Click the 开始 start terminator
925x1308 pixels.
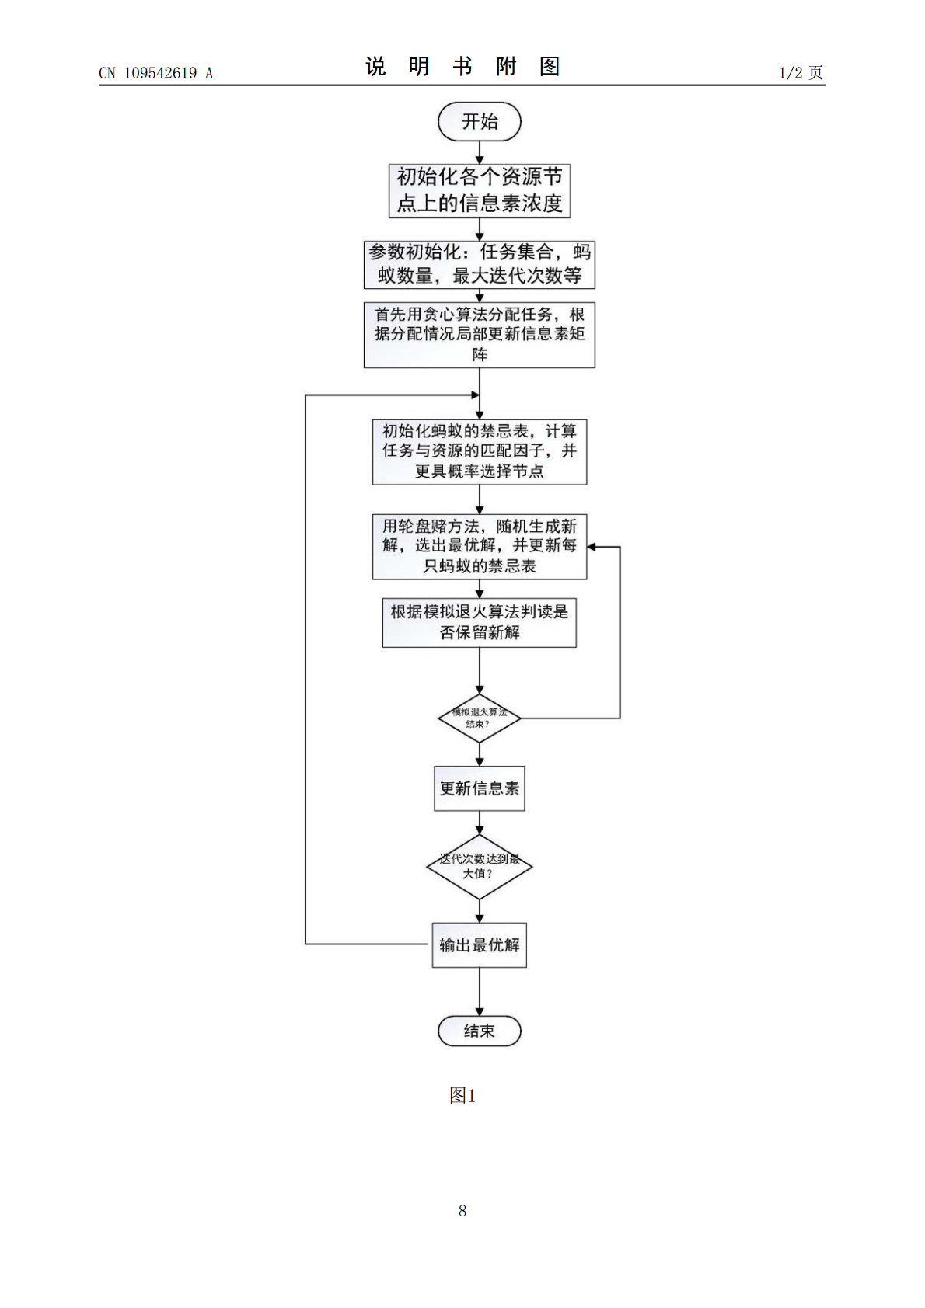(x=479, y=121)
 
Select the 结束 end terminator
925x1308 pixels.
(x=479, y=1031)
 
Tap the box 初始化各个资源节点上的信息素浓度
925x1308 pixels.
(x=479, y=191)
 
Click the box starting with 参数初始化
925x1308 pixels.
(x=479, y=265)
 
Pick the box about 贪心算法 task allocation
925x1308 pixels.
(x=479, y=335)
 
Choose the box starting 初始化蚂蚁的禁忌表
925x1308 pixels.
(x=479, y=451)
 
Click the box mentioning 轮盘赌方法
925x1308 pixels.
(x=479, y=547)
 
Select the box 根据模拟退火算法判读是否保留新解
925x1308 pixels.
(x=479, y=622)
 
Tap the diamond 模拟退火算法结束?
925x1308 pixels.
(x=479, y=718)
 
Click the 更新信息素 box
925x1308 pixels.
(x=479, y=788)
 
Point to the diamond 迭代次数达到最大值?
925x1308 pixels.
(x=479, y=867)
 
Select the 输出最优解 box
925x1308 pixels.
(x=479, y=944)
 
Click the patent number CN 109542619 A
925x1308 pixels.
(x=156, y=73)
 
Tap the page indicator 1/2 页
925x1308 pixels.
(x=801, y=72)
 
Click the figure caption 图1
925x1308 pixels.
(x=462, y=1095)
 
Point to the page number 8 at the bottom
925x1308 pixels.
(x=462, y=1211)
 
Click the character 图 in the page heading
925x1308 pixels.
(x=550, y=67)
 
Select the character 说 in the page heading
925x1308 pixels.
(x=375, y=67)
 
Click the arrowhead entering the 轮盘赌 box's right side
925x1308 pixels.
(x=592, y=547)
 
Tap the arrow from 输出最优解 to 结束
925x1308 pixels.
(x=479, y=992)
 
